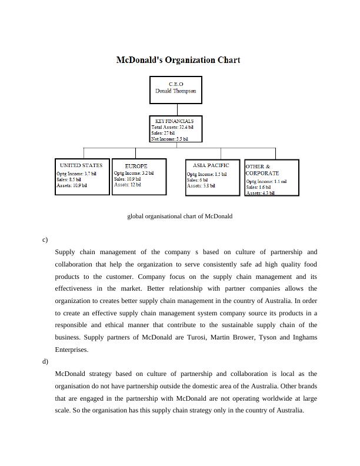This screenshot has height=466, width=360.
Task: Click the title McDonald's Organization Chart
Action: (178, 60)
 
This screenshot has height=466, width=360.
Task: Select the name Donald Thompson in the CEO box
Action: (175, 91)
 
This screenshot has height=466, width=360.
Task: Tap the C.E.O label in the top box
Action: (175, 84)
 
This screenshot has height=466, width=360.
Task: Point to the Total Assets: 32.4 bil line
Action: (172, 127)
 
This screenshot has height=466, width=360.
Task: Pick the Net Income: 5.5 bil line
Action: (170, 139)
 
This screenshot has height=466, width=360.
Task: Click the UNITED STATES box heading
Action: (81, 165)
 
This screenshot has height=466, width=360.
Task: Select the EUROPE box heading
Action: (136, 166)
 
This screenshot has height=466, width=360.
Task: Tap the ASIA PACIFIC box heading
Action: (211, 165)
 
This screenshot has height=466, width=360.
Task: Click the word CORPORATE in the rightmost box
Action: (262, 174)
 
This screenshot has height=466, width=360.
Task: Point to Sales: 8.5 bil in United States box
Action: (70, 179)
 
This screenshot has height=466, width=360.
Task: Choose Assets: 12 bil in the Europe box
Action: (127, 185)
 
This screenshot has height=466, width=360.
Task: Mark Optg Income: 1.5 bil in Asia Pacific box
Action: (206, 174)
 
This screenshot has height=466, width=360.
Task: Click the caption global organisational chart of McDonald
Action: (180, 216)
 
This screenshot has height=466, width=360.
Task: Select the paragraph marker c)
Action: (45, 239)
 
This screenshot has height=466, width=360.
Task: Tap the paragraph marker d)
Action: (45, 361)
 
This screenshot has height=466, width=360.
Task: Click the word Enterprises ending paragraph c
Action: (72, 349)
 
